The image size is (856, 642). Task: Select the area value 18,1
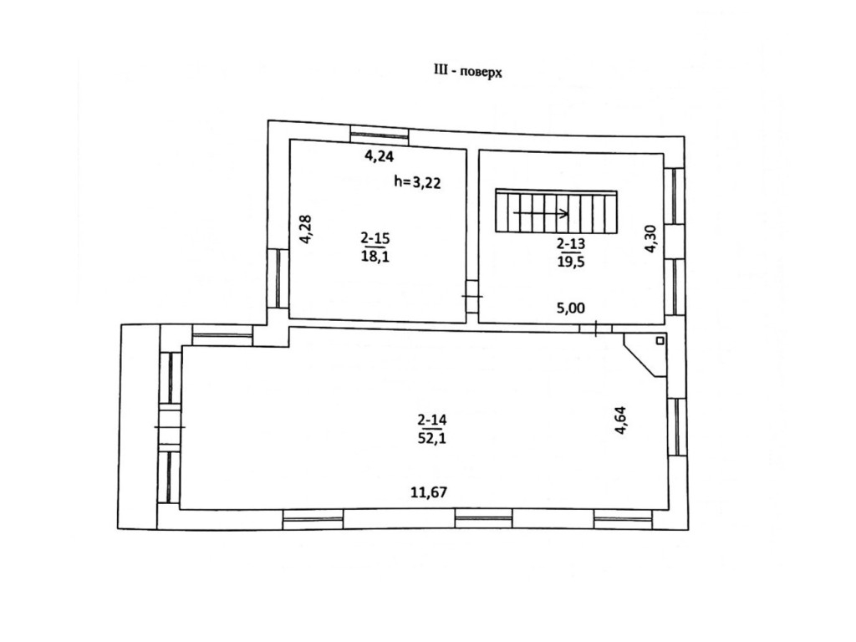tap(375, 256)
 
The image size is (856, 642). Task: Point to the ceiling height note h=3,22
tap(416, 182)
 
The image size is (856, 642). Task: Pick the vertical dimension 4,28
tap(306, 229)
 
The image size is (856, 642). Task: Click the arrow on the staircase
tap(542, 213)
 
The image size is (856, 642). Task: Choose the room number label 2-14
tap(431, 420)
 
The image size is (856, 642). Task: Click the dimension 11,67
tap(429, 492)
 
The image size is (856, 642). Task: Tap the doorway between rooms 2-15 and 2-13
tap(472, 297)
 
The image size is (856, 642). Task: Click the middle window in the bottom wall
tap(483, 519)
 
